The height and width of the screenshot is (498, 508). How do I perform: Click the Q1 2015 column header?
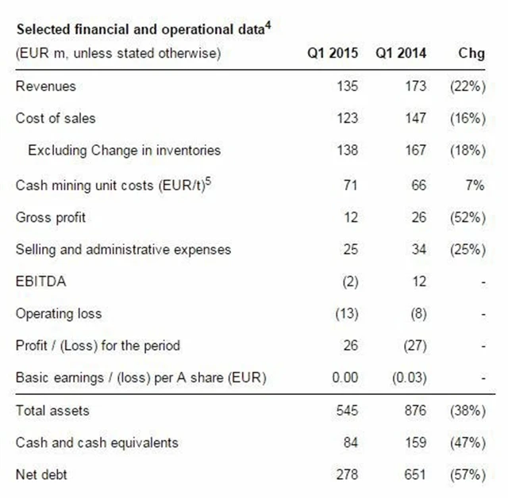pos(333,54)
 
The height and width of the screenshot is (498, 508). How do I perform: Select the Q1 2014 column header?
pos(401,54)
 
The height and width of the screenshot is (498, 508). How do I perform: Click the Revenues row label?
pos(45,86)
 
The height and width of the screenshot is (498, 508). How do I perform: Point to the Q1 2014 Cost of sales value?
pos(415,118)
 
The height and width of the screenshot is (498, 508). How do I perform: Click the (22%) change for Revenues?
pos(467,86)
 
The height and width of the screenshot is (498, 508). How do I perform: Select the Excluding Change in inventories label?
pos(124,150)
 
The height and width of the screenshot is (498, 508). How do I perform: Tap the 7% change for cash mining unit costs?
pos(475,185)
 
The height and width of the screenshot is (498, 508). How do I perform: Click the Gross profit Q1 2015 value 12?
pos(351,217)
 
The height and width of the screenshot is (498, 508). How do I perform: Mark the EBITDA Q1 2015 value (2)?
pos(349,282)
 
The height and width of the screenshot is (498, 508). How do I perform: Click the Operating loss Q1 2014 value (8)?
pos(417,313)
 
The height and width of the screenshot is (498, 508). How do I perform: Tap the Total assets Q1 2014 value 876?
pos(415,410)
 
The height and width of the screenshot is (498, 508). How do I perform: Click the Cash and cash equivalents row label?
pos(97,442)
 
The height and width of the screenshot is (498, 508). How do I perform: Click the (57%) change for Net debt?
pos(467,475)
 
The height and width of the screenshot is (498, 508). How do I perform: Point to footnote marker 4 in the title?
pos(268,25)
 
